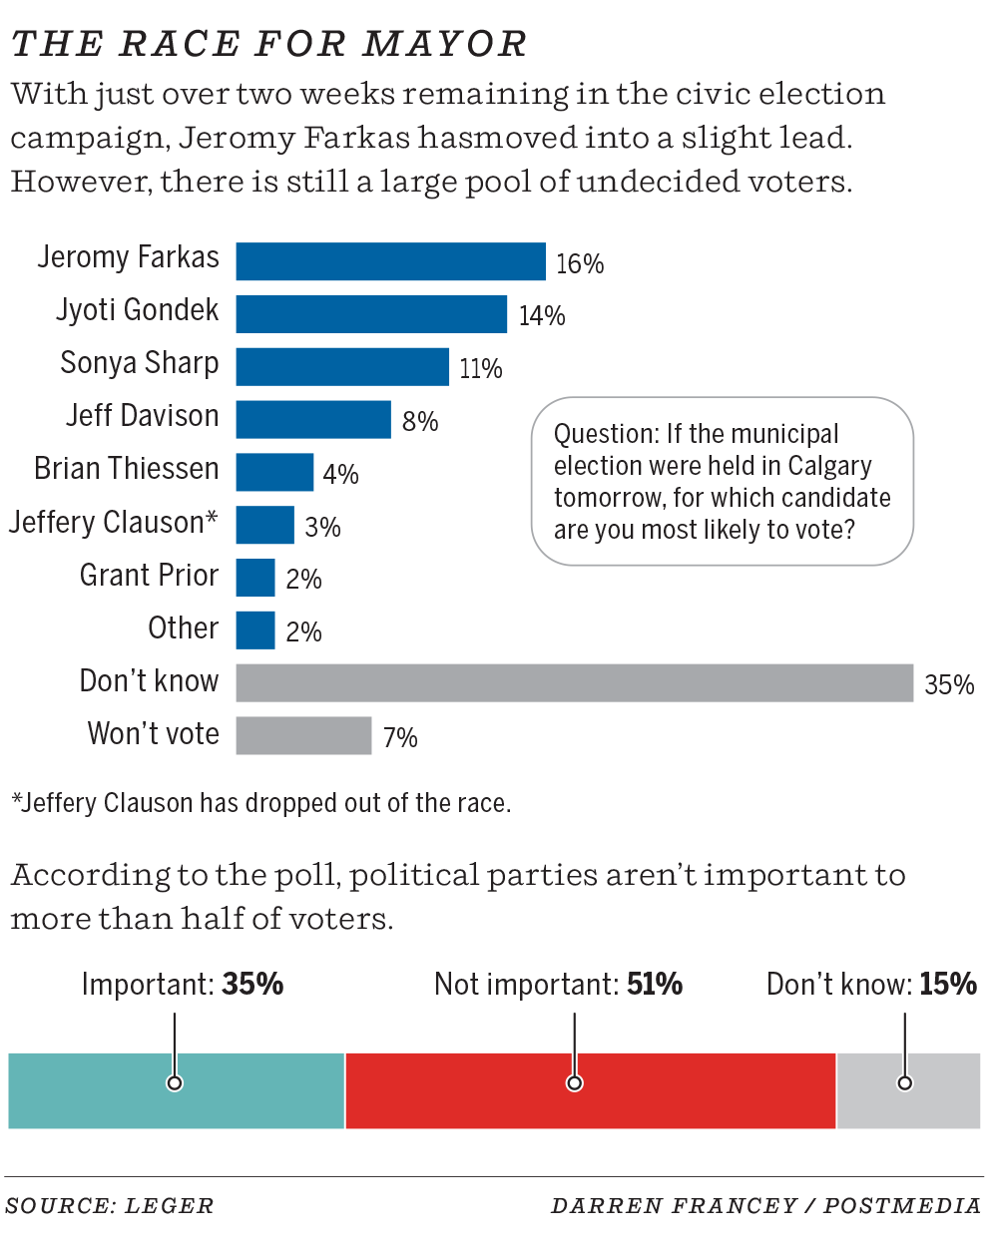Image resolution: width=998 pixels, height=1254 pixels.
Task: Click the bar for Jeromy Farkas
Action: coord(390,261)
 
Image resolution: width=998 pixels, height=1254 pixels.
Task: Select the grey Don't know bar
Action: coord(574,683)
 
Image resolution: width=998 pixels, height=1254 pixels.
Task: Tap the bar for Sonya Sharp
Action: coord(342,367)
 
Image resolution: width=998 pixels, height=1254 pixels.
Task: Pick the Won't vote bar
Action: coord(303,736)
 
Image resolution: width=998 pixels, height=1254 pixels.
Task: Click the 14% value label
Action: coord(542,316)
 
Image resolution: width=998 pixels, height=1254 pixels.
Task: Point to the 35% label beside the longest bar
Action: coord(949,684)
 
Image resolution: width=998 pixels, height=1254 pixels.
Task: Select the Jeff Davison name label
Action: coord(143,416)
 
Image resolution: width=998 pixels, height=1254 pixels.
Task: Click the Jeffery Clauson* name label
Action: coord(114,522)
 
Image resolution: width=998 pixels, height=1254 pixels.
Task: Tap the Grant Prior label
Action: coord(149,576)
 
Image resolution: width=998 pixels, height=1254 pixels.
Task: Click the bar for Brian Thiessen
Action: coord(274,473)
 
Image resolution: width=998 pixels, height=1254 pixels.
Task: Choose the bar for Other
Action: coord(255,630)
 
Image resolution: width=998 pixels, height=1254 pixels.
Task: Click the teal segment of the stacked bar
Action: coord(120,1091)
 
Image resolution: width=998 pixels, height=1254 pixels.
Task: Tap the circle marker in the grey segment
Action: coord(904,1083)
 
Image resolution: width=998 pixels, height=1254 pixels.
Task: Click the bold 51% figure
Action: coord(655,985)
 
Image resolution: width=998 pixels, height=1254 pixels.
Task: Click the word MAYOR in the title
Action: coord(445,44)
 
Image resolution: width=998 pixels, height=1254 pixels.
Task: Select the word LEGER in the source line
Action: coord(169,1206)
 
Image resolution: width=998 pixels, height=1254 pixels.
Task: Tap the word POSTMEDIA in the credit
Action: coord(902,1206)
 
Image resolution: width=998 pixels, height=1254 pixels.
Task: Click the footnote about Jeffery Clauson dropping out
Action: coord(261,803)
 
